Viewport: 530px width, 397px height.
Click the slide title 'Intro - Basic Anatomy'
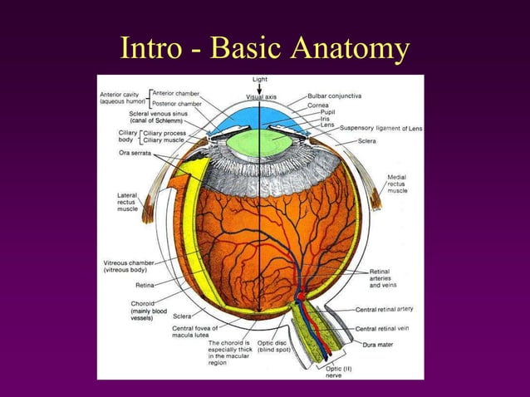264,49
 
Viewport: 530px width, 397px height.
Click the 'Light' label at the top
260,80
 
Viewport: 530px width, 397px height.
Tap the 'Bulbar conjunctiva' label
334,96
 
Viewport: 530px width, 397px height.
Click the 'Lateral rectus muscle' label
127,203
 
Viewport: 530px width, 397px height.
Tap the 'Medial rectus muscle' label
397,184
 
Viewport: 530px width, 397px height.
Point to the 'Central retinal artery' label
384,309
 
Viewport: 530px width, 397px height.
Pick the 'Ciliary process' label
164,132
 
